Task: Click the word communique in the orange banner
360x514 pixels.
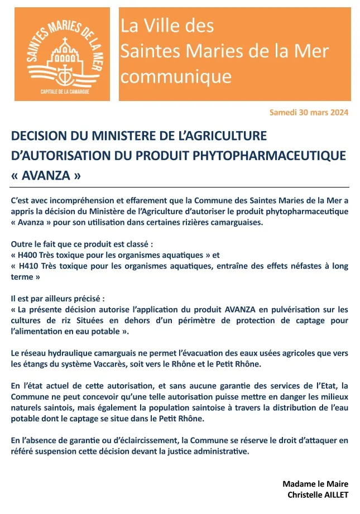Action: (176, 76)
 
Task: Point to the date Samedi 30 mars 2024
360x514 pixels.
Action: (309, 112)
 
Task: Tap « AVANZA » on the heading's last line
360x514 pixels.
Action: (46, 175)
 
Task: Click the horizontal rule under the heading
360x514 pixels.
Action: (180, 187)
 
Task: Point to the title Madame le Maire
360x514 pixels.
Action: (315, 483)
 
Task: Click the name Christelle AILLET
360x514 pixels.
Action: (318, 494)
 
